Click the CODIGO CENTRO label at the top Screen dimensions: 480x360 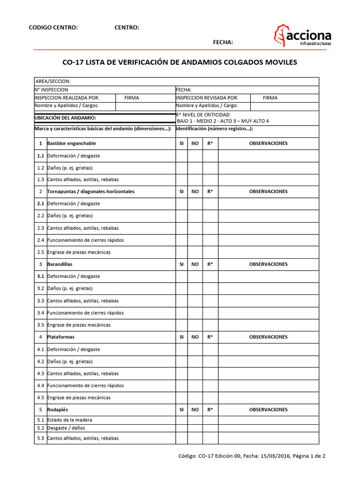coord(53,28)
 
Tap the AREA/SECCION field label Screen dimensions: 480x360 coord(53,82)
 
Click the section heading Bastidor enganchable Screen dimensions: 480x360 coord(72,143)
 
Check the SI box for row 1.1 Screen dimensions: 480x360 coord(181,156)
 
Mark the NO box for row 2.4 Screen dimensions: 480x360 coord(195,240)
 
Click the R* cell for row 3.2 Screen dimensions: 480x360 coord(210,288)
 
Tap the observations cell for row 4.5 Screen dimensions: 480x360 coord(268,397)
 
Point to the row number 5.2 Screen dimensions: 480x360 coord(40,428)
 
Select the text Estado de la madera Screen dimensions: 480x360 coord(70,420)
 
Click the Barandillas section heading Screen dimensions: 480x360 coord(60,264)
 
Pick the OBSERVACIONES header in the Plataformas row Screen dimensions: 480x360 coord(268,337)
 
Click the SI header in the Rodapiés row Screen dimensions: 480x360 coord(181,410)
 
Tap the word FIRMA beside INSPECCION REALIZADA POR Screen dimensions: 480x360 coord(132,98)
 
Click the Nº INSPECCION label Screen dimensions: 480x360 coord(52,90)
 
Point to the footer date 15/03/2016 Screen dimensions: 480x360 coord(272,455)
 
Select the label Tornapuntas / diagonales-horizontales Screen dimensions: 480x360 coord(91,192)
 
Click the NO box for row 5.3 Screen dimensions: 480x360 coord(195,438)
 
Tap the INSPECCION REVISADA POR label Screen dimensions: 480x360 coord(207,98)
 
